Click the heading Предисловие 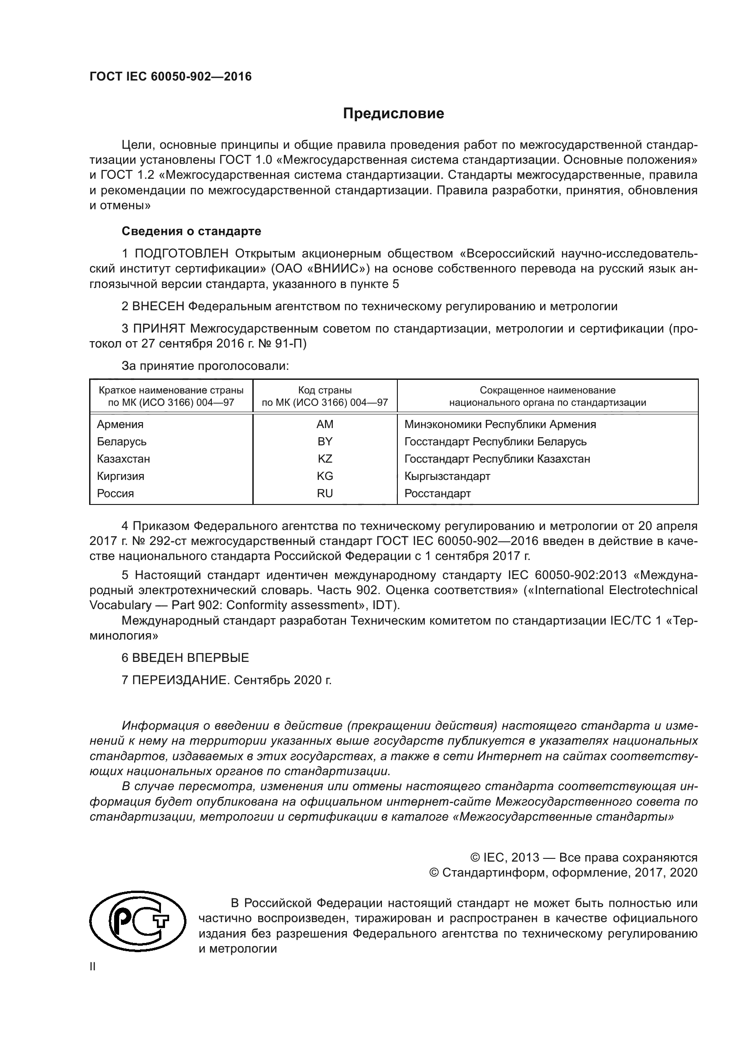click(393, 114)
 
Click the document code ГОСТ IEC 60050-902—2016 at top click(170, 76)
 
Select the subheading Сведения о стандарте click(191, 231)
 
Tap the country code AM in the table click(325, 424)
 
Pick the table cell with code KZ click(325, 459)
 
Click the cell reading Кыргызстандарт click(447, 476)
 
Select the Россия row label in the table click(115, 493)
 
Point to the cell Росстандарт click(437, 493)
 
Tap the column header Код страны click(325, 390)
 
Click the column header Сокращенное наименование click(547, 390)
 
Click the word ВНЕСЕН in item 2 click(158, 306)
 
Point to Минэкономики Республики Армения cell click(500, 424)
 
